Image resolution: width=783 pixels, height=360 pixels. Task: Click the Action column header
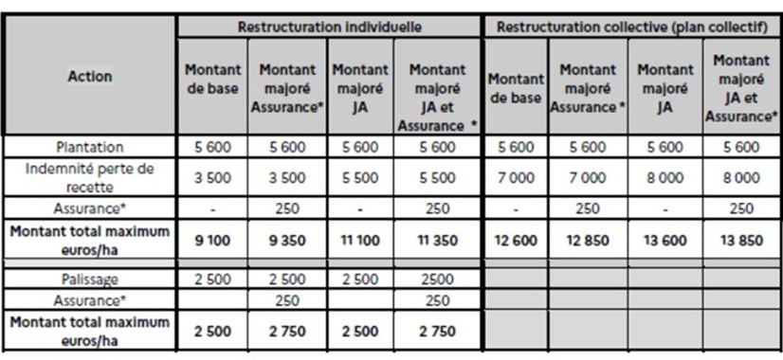click(89, 78)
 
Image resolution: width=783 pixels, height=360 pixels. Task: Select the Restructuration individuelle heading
click(329, 27)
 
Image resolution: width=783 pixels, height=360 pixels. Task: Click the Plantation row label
click(89, 147)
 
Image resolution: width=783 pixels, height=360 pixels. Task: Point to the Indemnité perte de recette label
click(89, 176)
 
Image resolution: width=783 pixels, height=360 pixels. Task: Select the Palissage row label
click(89, 281)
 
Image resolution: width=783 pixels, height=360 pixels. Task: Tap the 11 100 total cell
click(359, 241)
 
